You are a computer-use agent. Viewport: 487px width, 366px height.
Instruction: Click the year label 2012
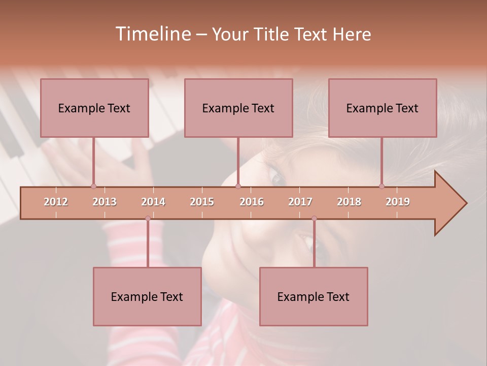[x=56, y=202]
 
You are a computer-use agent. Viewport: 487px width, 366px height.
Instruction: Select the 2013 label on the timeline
[x=105, y=202]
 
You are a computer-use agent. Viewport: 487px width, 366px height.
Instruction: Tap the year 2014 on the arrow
[x=153, y=202]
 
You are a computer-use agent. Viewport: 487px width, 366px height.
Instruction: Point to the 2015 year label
[x=202, y=202]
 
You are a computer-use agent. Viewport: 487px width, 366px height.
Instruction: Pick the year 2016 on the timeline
[x=252, y=202]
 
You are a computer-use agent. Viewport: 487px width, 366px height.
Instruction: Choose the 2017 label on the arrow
[x=300, y=202]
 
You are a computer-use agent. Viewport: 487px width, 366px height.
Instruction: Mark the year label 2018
[x=349, y=202]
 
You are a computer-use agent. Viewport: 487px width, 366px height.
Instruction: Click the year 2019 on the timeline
[x=398, y=202]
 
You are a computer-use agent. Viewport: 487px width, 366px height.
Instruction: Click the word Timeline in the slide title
[x=152, y=34]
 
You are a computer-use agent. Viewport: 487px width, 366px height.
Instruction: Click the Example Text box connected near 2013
[x=94, y=108]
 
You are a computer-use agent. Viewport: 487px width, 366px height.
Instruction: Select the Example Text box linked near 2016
[x=238, y=108]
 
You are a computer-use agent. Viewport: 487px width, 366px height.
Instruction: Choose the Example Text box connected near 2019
[x=382, y=108]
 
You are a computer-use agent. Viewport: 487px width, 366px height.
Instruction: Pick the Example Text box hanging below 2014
[x=147, y=296]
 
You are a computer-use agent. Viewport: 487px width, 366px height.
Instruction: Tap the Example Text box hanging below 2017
[x=314, y=296]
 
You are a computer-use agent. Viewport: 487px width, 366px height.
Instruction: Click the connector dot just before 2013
[x=93, y=186]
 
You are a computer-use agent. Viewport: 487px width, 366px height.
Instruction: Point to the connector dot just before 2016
[x=238, y=186]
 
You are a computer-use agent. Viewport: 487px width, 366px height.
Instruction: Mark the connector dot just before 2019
[x=381, y=186]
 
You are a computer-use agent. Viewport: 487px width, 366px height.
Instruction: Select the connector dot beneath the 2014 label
[x=148, y=219]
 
